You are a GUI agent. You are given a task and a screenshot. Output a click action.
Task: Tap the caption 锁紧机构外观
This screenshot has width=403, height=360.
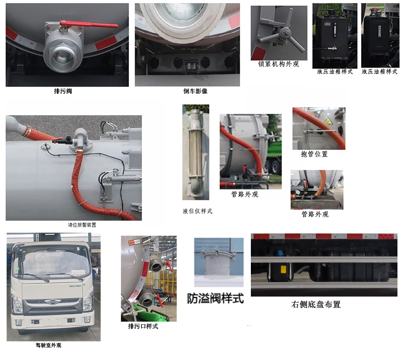pyautogui.click(x=279, y=64)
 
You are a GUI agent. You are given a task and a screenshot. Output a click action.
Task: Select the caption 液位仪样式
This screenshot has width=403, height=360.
pyautogui.click(x=197, y=211)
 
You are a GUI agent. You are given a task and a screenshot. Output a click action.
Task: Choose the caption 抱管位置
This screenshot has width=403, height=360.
pyautogui.click(x=314, y=154)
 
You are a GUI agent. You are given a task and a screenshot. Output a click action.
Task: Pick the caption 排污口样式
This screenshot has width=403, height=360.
pyautogui.click(x=143, y=326)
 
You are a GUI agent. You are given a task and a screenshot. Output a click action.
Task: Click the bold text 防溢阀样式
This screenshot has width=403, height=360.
pyautogui.click(x=215, y=298)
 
